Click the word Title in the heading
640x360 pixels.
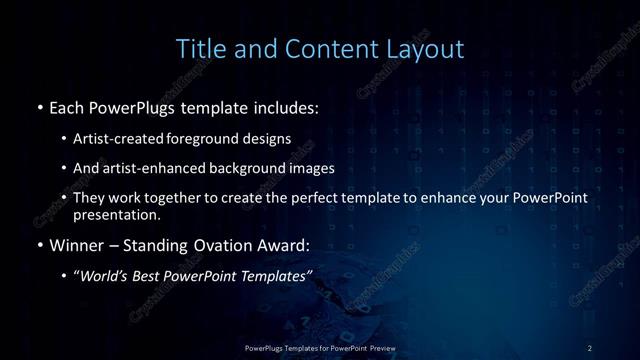pos(200,48)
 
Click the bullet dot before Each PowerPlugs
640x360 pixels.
pos(38,107)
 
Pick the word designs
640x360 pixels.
pos(269,139)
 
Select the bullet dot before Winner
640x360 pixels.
pos(38,244)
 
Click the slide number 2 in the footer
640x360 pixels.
pos(590,347)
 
